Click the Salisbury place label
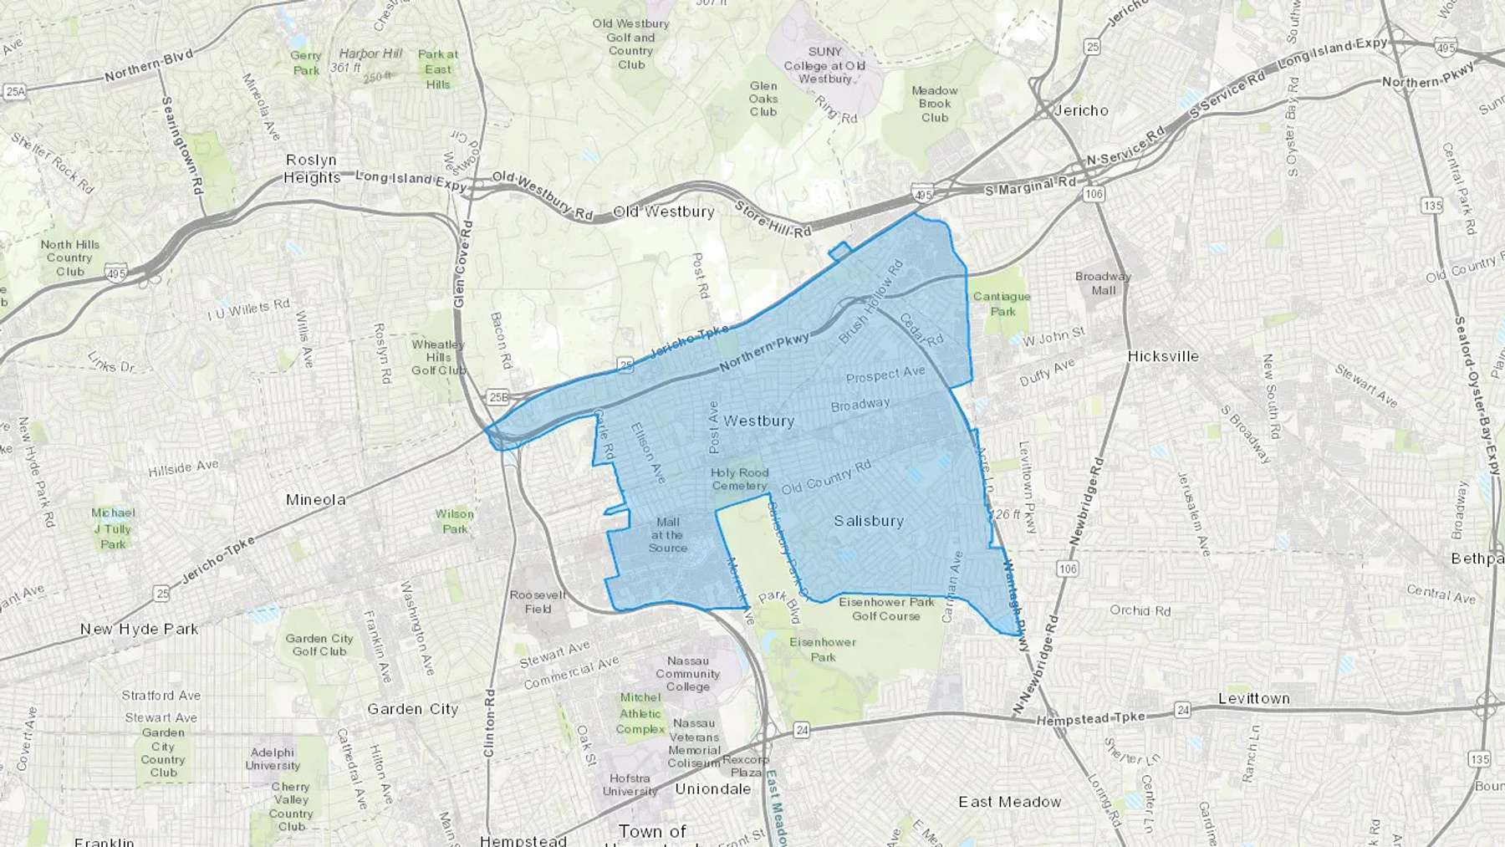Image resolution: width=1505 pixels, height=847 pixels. [869, 521]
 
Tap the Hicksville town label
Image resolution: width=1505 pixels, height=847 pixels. [1162, 356]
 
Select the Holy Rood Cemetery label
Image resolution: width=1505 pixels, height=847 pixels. [739, 479]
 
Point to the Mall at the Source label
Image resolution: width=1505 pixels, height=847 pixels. [667, 535]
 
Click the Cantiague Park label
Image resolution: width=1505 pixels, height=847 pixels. [1002, 304]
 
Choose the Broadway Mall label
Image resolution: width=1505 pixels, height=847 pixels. [1103, 283]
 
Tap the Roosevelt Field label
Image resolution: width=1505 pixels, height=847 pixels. [538, 602]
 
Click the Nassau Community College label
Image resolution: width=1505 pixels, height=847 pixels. [687, 673]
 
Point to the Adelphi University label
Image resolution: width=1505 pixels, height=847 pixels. [272, 758]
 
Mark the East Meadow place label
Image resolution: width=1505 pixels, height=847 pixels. [1009, 802]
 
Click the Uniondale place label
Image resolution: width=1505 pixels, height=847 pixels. [712, 788]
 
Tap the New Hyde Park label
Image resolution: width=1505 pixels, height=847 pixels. [139, 629]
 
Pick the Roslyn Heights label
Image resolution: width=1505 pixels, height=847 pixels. [311, 168]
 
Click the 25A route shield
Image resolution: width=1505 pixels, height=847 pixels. [14, 91]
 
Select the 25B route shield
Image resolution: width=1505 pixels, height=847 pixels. [498, 396]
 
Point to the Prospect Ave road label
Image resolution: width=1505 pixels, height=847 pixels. [885, 375]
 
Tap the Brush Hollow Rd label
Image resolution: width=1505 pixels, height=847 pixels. [871, 303]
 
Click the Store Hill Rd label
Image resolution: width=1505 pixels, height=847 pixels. [773, 219]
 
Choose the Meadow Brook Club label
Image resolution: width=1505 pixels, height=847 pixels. [934, 104]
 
